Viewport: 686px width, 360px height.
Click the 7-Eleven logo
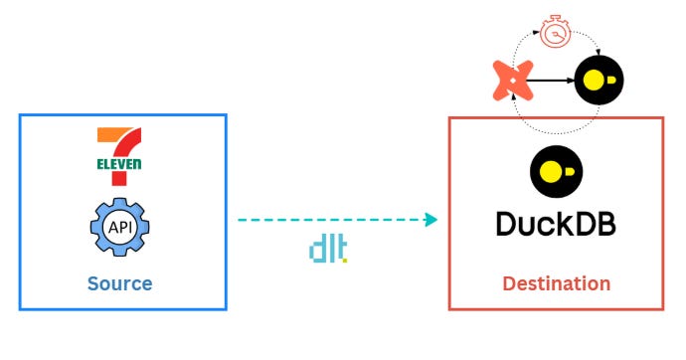coord(119,156)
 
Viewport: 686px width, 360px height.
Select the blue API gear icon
coord(119,228)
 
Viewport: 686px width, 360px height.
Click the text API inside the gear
coord(119,228)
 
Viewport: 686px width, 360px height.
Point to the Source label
coord(119,283)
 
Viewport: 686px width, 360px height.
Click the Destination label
coord(556,283)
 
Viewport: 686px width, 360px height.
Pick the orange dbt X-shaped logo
coord(514,80)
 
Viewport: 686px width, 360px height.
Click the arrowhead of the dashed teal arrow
coord(431,219)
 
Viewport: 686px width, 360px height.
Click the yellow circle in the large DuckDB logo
coord(550,170)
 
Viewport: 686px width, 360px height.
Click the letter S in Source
coord(92,283)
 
